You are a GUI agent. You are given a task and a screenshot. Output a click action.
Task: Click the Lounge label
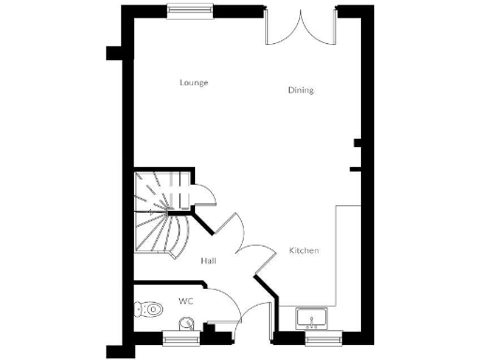click(193, 82)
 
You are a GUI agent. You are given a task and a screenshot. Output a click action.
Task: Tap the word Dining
click(301, 91)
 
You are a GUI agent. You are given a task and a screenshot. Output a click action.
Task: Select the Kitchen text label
click(304, 250)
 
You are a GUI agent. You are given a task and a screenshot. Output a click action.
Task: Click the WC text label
click(186, 302)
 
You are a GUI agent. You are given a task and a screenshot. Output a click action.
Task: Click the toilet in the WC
click(147, 307)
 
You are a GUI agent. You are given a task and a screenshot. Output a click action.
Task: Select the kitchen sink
click(311, 319)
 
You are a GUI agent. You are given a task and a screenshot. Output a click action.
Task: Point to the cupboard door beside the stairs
click(204, 193)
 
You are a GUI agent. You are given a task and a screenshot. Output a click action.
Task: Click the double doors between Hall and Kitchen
click(246, 246)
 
